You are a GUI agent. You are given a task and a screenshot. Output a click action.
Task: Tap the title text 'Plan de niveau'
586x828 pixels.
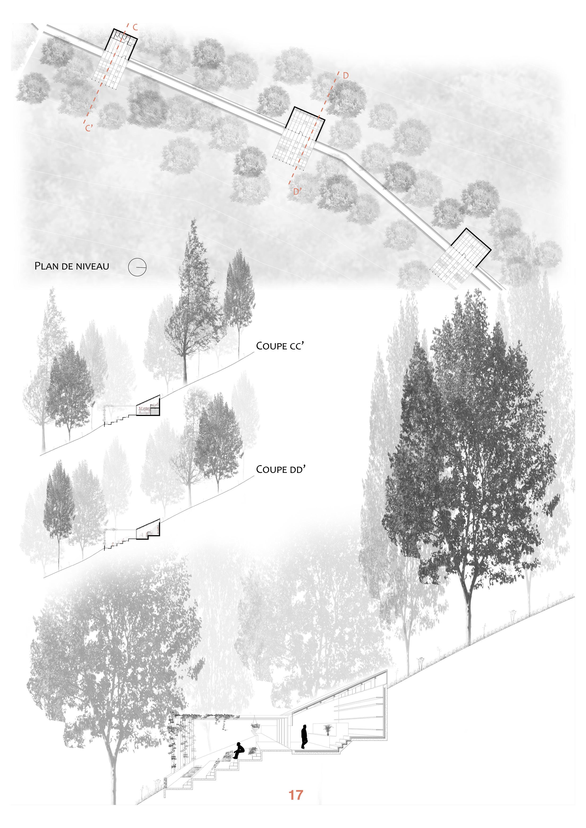tap(72, 266)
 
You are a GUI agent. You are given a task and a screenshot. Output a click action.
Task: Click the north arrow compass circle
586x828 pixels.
tap(137, 267)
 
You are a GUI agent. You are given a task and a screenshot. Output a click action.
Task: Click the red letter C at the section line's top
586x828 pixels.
tap(135, 27)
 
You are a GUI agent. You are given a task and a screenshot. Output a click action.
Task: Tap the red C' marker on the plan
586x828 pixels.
tap(89, 128)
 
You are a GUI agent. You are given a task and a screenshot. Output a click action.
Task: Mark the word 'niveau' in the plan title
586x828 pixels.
tap(92, 266)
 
